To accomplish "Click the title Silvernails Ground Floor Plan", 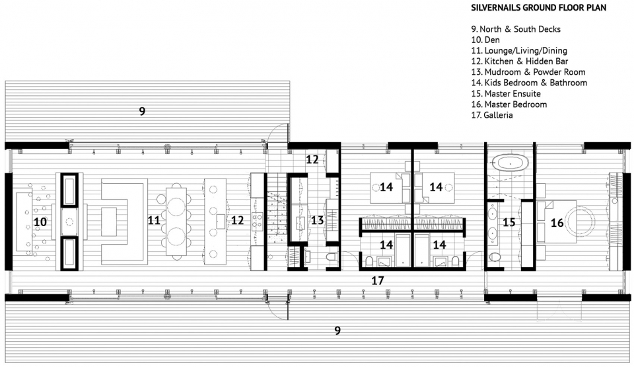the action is [x=538, y=8].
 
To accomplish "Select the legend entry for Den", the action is [x=485, y=40].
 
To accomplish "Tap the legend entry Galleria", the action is [x=491, y=115].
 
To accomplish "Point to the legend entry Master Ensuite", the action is [x=506, y=94].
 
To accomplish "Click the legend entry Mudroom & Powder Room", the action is [x=528, y=72].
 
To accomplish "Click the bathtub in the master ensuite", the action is [x=510, y=163].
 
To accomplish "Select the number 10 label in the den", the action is [x=40, y=222].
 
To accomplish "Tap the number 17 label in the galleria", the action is [x=377, y=280].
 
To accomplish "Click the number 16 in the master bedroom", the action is [x=557, y=222].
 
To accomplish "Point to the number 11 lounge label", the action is [x=154, y=220].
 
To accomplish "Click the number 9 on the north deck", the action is [x=142, y=111].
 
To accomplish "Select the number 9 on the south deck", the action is [x=337, y=331].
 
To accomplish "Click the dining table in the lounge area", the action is [x=176, y=221].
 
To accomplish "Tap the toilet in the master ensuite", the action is [x=494, y=257].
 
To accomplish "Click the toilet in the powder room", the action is [x=332, y=257].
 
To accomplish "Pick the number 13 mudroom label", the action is [x=318, y=220].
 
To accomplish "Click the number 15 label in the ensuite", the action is [x=509, y=222].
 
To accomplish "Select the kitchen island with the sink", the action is [x=215, y=222].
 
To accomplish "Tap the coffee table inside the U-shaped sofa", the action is [x=109, y=221].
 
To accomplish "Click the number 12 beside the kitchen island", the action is [x=237, y=220].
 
